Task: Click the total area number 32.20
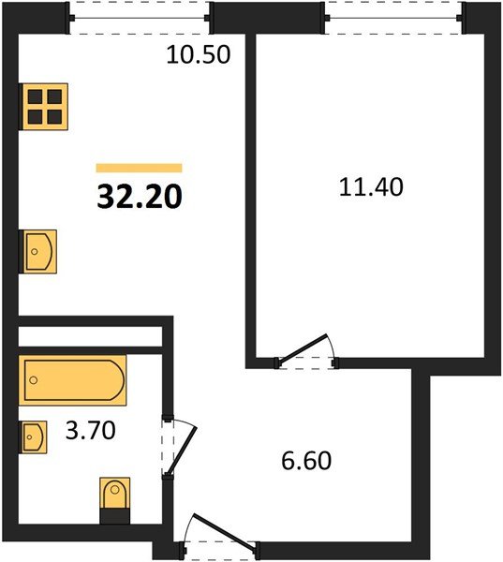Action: (x=139, y=198)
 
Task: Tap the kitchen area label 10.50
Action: (x=198, y=54)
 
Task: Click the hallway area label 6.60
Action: (x=307, y=461)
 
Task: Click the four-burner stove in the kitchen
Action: (x=45, y=106)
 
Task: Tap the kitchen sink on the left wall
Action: (x=39, y=251)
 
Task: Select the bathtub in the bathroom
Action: (x=73, y=379)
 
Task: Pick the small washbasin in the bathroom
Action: (x=33, y=436)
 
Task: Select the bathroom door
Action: (x=180, y=446)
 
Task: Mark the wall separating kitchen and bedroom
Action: (x=251, y=187)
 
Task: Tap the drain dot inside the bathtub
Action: (x=34, y=380)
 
